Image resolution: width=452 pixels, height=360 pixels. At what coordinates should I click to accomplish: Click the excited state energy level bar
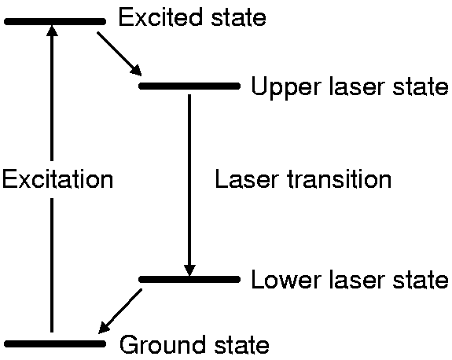tap(55, 21)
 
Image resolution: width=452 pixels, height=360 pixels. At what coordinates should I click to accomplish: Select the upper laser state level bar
tap(189, 86)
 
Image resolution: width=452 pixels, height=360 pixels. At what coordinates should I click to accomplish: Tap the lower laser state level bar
tap(189, 279)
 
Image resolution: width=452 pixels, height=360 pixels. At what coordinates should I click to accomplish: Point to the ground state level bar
tap(55, 343)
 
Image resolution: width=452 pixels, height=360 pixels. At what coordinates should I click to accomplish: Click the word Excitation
tap(57, 179)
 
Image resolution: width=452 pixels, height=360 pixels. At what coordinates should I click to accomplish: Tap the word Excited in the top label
tap(160, 17)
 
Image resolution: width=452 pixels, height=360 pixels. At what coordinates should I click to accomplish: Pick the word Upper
tap(286, 86)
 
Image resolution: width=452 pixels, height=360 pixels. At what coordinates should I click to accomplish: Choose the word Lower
tap(286, 279)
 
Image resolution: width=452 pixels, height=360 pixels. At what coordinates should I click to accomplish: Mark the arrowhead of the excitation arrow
tap(52, 31)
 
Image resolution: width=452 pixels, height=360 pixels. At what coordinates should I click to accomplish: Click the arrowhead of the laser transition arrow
tap(189, 270)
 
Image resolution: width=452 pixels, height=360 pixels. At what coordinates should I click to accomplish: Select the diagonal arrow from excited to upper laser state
tap(119, 54)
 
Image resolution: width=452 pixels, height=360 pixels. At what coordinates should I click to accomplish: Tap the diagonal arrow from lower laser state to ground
tap(120, 311)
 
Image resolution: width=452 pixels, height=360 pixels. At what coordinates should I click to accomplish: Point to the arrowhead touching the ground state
tap(104, 328)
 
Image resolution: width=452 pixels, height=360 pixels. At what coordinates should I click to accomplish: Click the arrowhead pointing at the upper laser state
tap(136, 70)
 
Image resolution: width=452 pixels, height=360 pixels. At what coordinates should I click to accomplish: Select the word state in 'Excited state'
tap(238, 17)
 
